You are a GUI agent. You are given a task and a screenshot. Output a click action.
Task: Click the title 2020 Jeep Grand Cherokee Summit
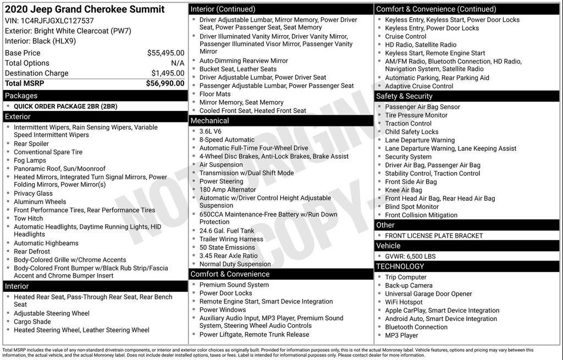84,9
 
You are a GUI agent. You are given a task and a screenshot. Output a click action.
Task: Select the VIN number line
49,20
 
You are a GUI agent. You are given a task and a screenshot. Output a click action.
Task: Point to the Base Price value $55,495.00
165,53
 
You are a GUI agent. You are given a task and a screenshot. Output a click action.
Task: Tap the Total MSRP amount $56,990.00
165,84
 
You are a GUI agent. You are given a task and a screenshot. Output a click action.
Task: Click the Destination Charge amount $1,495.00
168,73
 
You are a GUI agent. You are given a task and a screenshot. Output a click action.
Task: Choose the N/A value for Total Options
178,63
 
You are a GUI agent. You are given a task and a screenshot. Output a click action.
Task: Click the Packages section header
21,96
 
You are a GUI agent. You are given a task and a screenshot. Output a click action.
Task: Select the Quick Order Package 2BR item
65,106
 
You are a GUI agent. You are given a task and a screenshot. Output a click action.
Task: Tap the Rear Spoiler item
31,144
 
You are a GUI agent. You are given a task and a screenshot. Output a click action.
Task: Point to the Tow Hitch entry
28,219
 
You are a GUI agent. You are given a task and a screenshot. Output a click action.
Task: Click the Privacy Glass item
33,193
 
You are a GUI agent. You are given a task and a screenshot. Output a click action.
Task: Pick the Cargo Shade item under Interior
32,322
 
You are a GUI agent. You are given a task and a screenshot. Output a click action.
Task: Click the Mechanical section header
209,121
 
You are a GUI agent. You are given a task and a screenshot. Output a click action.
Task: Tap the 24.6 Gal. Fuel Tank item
227,231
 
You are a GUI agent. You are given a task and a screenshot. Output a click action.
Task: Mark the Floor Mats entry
215,94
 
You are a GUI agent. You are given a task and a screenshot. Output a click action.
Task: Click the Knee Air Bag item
404,190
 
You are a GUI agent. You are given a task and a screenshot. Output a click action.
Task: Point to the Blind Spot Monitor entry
412,207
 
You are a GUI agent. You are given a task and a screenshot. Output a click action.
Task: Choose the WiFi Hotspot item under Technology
404,302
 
